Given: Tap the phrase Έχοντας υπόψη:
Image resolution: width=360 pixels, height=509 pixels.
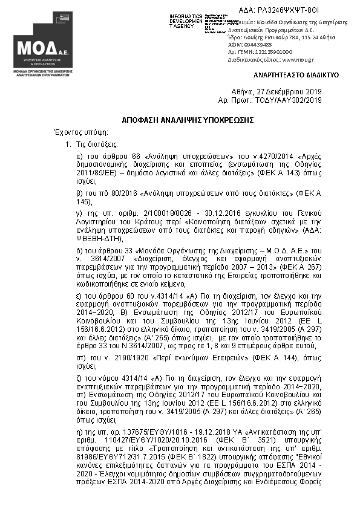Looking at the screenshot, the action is point(73,132).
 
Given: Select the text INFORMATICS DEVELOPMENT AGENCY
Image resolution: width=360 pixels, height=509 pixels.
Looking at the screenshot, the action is point(186,21).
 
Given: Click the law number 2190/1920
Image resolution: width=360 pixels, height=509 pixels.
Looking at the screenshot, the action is point(129,358).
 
